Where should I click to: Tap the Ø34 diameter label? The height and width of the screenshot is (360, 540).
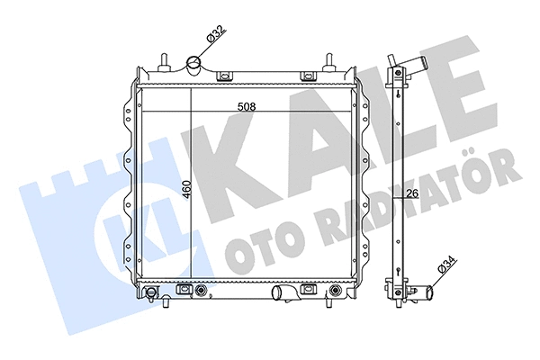(444, 270)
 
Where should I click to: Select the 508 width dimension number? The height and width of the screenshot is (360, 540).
(247, 106)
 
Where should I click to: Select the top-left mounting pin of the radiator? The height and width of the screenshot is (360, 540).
(164, 64)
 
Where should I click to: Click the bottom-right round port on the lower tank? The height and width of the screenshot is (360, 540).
(336, 291)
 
